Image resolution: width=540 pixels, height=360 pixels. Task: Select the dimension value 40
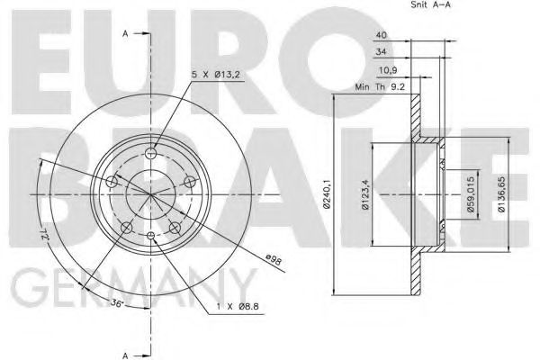coord(382,35)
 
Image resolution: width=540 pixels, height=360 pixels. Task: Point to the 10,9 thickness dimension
coord(385,69)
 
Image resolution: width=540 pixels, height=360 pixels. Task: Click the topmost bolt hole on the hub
coord(150,153)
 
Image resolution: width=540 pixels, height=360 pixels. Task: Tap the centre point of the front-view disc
coord(150,194)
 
